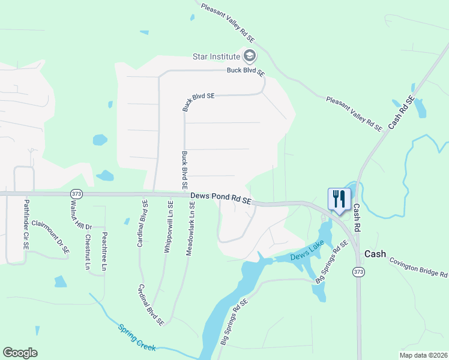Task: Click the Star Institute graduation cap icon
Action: [x=250, y=57]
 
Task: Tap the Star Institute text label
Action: [x=215, y=57]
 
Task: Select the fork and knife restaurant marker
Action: [x=339, y=199]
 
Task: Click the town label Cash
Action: [x=375, y=254]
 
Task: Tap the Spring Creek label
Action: [x=137, y=338]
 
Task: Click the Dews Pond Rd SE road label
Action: [x=220, y=199]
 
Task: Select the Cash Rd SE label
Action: [x=401, y=112]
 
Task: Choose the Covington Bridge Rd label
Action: [x=418, y=267]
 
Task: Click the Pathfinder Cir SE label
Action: [x=26, y=230]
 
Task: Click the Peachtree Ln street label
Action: [x=104, y=250]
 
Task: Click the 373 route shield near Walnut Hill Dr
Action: [x=76, y=194]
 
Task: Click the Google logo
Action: [x=20, y=353]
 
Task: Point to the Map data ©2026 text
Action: [x=423, y=355]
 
